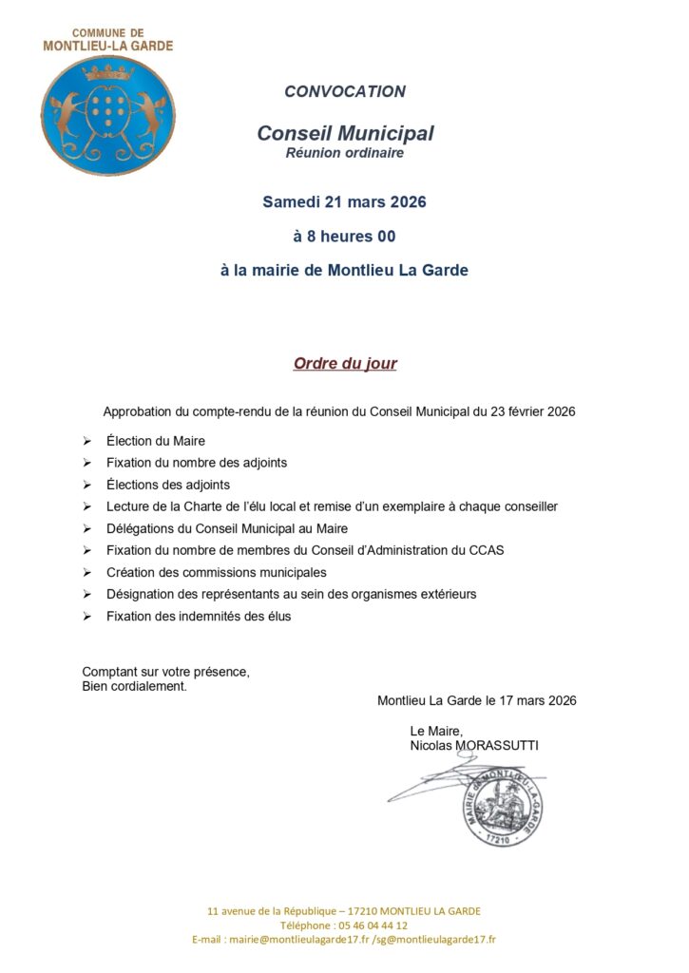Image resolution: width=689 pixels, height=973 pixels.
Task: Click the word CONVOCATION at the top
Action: coord(344,92)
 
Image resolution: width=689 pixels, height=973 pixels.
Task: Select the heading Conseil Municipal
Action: coord(345,134)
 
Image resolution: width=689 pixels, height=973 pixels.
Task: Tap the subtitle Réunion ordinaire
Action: coord(345,153)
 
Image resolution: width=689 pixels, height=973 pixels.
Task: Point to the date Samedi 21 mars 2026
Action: coord(344,202)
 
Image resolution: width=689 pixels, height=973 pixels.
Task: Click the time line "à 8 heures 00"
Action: coord(344,237)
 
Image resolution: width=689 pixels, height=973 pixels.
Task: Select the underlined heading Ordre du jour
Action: coord(345,364)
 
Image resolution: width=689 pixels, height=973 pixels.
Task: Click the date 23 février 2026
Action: coord(533,412)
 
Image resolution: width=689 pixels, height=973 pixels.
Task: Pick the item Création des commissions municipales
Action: coord(217,572)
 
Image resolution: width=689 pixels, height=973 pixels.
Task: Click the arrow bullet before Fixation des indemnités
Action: coord(86,617)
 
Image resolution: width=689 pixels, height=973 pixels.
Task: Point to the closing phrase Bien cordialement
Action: coord(135,685)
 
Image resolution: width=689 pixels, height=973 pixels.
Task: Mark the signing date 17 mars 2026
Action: coord(537,701)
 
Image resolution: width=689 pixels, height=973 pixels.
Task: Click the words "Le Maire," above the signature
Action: coord(435,731)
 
